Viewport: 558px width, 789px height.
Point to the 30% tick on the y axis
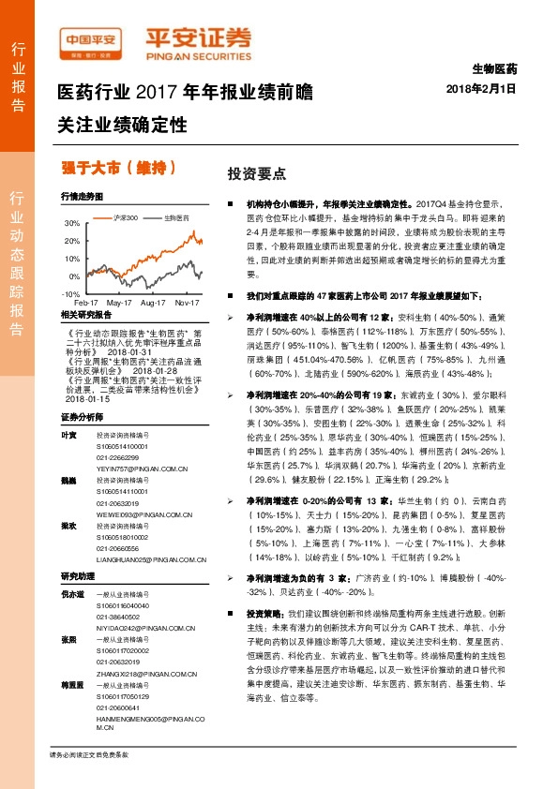pyautogui.click(x=73, y=224)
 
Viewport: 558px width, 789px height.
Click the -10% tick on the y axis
pyautogui.click(x=71, y=293)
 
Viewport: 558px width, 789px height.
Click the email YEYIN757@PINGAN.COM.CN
pyautogui.click(x=137, y=445)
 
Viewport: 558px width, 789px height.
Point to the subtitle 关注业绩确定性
pyautogui.click(x=122, y=125)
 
